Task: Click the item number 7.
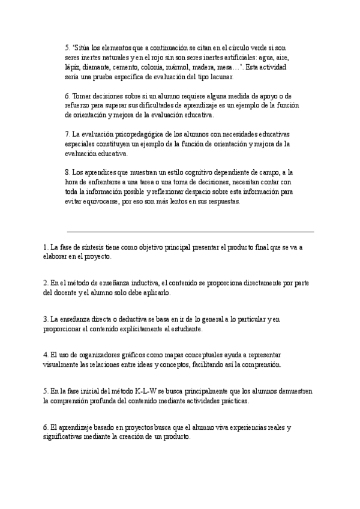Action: (x=67, y=134)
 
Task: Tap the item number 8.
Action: (x=67, y=173)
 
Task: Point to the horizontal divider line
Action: (x=190, y=231)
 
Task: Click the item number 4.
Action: (x=45, y=355)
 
